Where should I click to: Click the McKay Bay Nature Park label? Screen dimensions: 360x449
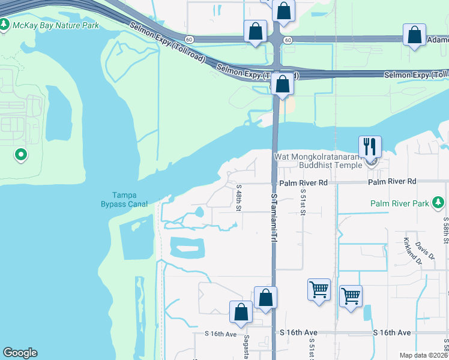tap(56, 25)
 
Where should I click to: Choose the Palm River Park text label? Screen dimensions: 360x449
tap(399, 203)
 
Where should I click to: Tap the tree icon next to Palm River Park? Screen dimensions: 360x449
tap(439, 203)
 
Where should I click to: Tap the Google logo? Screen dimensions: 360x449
tap(20, 352)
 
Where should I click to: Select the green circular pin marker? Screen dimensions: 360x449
tap(21, 155)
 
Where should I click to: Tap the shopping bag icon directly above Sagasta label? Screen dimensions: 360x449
tap(241, 312)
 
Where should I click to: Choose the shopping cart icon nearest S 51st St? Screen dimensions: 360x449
tap(319, 290)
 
